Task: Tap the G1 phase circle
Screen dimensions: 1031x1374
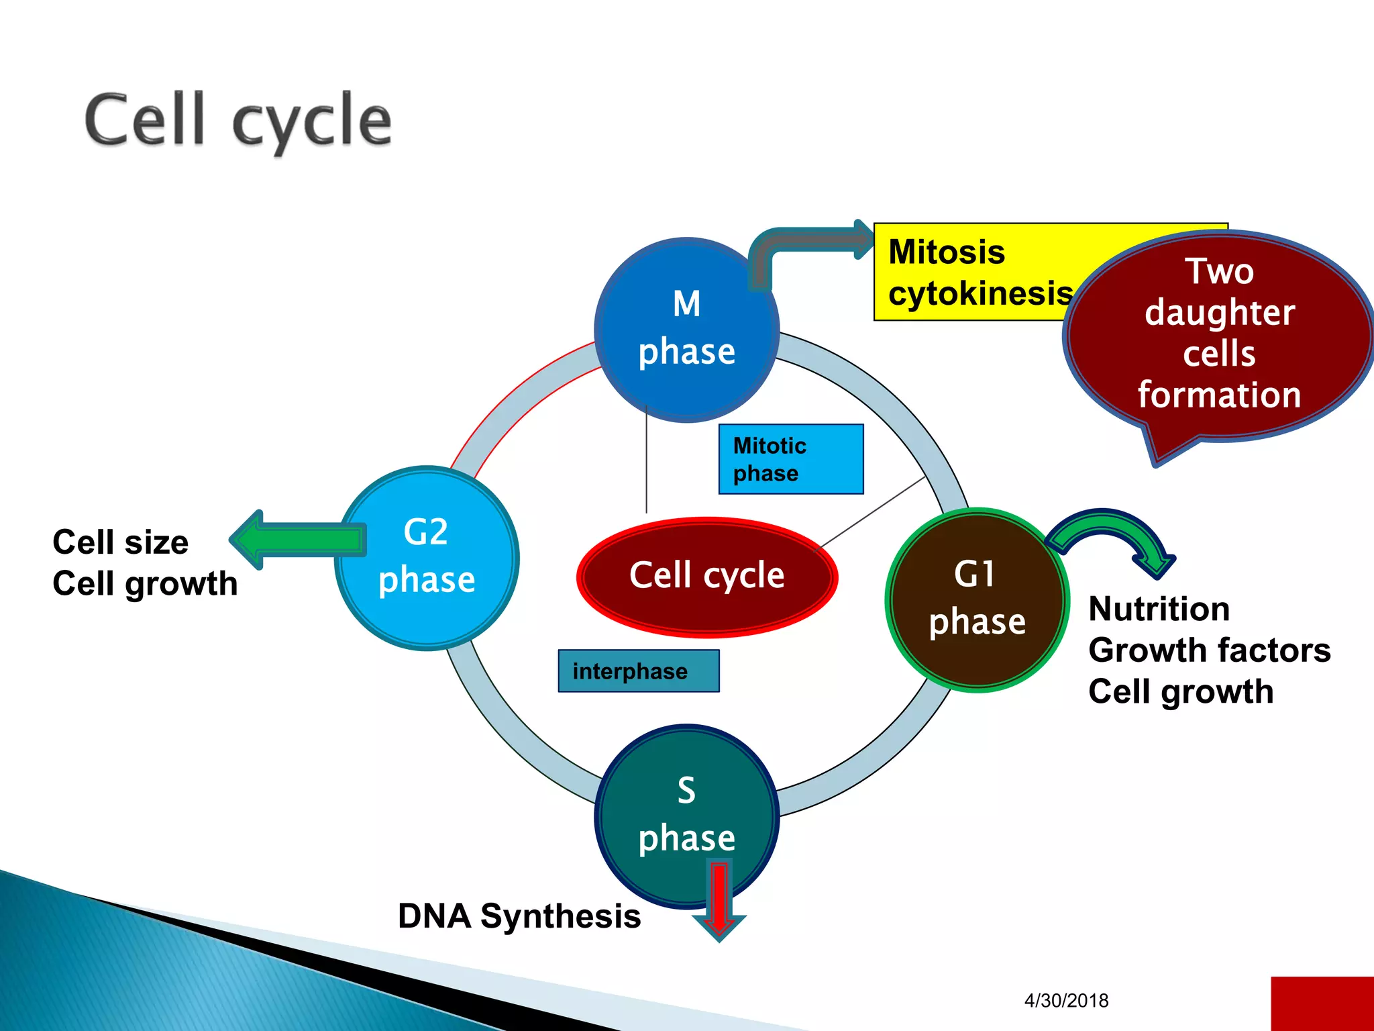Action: point(977,600)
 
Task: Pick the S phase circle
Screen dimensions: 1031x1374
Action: point(686,816)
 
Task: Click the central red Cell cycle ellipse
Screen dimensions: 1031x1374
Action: point(707,576)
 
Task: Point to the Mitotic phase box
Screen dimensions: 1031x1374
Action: point(790,459)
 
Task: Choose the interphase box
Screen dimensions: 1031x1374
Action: point(638,671)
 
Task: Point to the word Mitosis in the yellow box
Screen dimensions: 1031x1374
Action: point(946,252)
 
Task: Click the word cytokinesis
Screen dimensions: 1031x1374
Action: point(980,293)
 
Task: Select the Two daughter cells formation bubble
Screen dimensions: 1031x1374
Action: point(1218,336)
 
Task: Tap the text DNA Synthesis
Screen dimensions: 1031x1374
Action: point(519,916)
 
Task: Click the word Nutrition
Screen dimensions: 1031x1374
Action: point(1159,609)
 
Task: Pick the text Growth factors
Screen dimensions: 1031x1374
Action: point(1209,650)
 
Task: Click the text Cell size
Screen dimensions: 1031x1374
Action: point(121,542)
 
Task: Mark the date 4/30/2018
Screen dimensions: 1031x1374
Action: point(1066,1001)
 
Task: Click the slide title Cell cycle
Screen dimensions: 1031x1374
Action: point(238,121)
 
